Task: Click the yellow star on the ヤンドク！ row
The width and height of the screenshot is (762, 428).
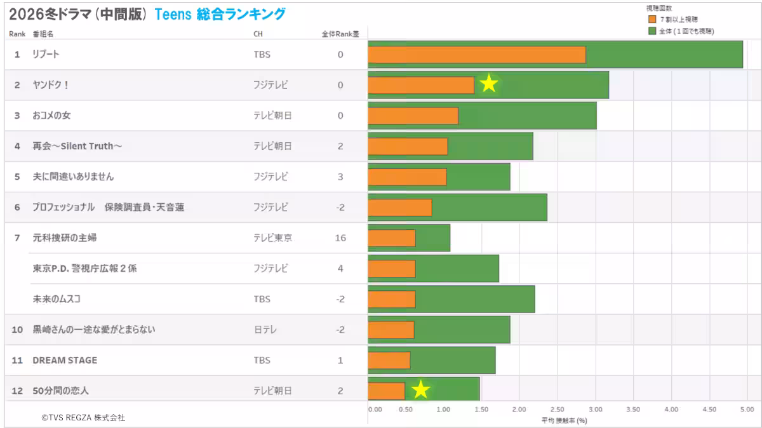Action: coord(488,83)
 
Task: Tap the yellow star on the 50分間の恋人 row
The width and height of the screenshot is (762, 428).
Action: coord(420,389)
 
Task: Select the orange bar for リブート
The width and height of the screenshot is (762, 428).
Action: coord(476,55)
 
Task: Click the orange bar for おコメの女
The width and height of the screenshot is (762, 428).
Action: coord(413,116)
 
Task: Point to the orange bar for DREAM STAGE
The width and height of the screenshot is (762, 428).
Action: coord(389,360)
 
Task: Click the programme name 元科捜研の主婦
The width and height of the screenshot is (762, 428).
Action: coord(65,238)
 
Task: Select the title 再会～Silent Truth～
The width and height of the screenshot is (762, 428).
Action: coord(77,146)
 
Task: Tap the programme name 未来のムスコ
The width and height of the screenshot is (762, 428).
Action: coord(57,299)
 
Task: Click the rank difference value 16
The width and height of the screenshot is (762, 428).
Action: coord(340,238)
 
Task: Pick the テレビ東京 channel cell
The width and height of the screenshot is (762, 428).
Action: coord(273,238)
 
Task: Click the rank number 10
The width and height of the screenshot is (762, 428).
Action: coord(18,330)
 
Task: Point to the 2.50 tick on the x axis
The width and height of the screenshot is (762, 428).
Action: coord(557,410)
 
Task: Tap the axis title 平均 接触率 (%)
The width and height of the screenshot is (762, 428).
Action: coord(564,420)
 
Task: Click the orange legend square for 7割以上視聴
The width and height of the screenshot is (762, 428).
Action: coord(652,20)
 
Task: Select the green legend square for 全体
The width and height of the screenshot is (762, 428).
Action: coord(652,30)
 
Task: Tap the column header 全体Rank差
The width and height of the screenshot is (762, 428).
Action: coord(340,34)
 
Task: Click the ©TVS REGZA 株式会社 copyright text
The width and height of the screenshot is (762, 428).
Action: coord(83,418)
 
